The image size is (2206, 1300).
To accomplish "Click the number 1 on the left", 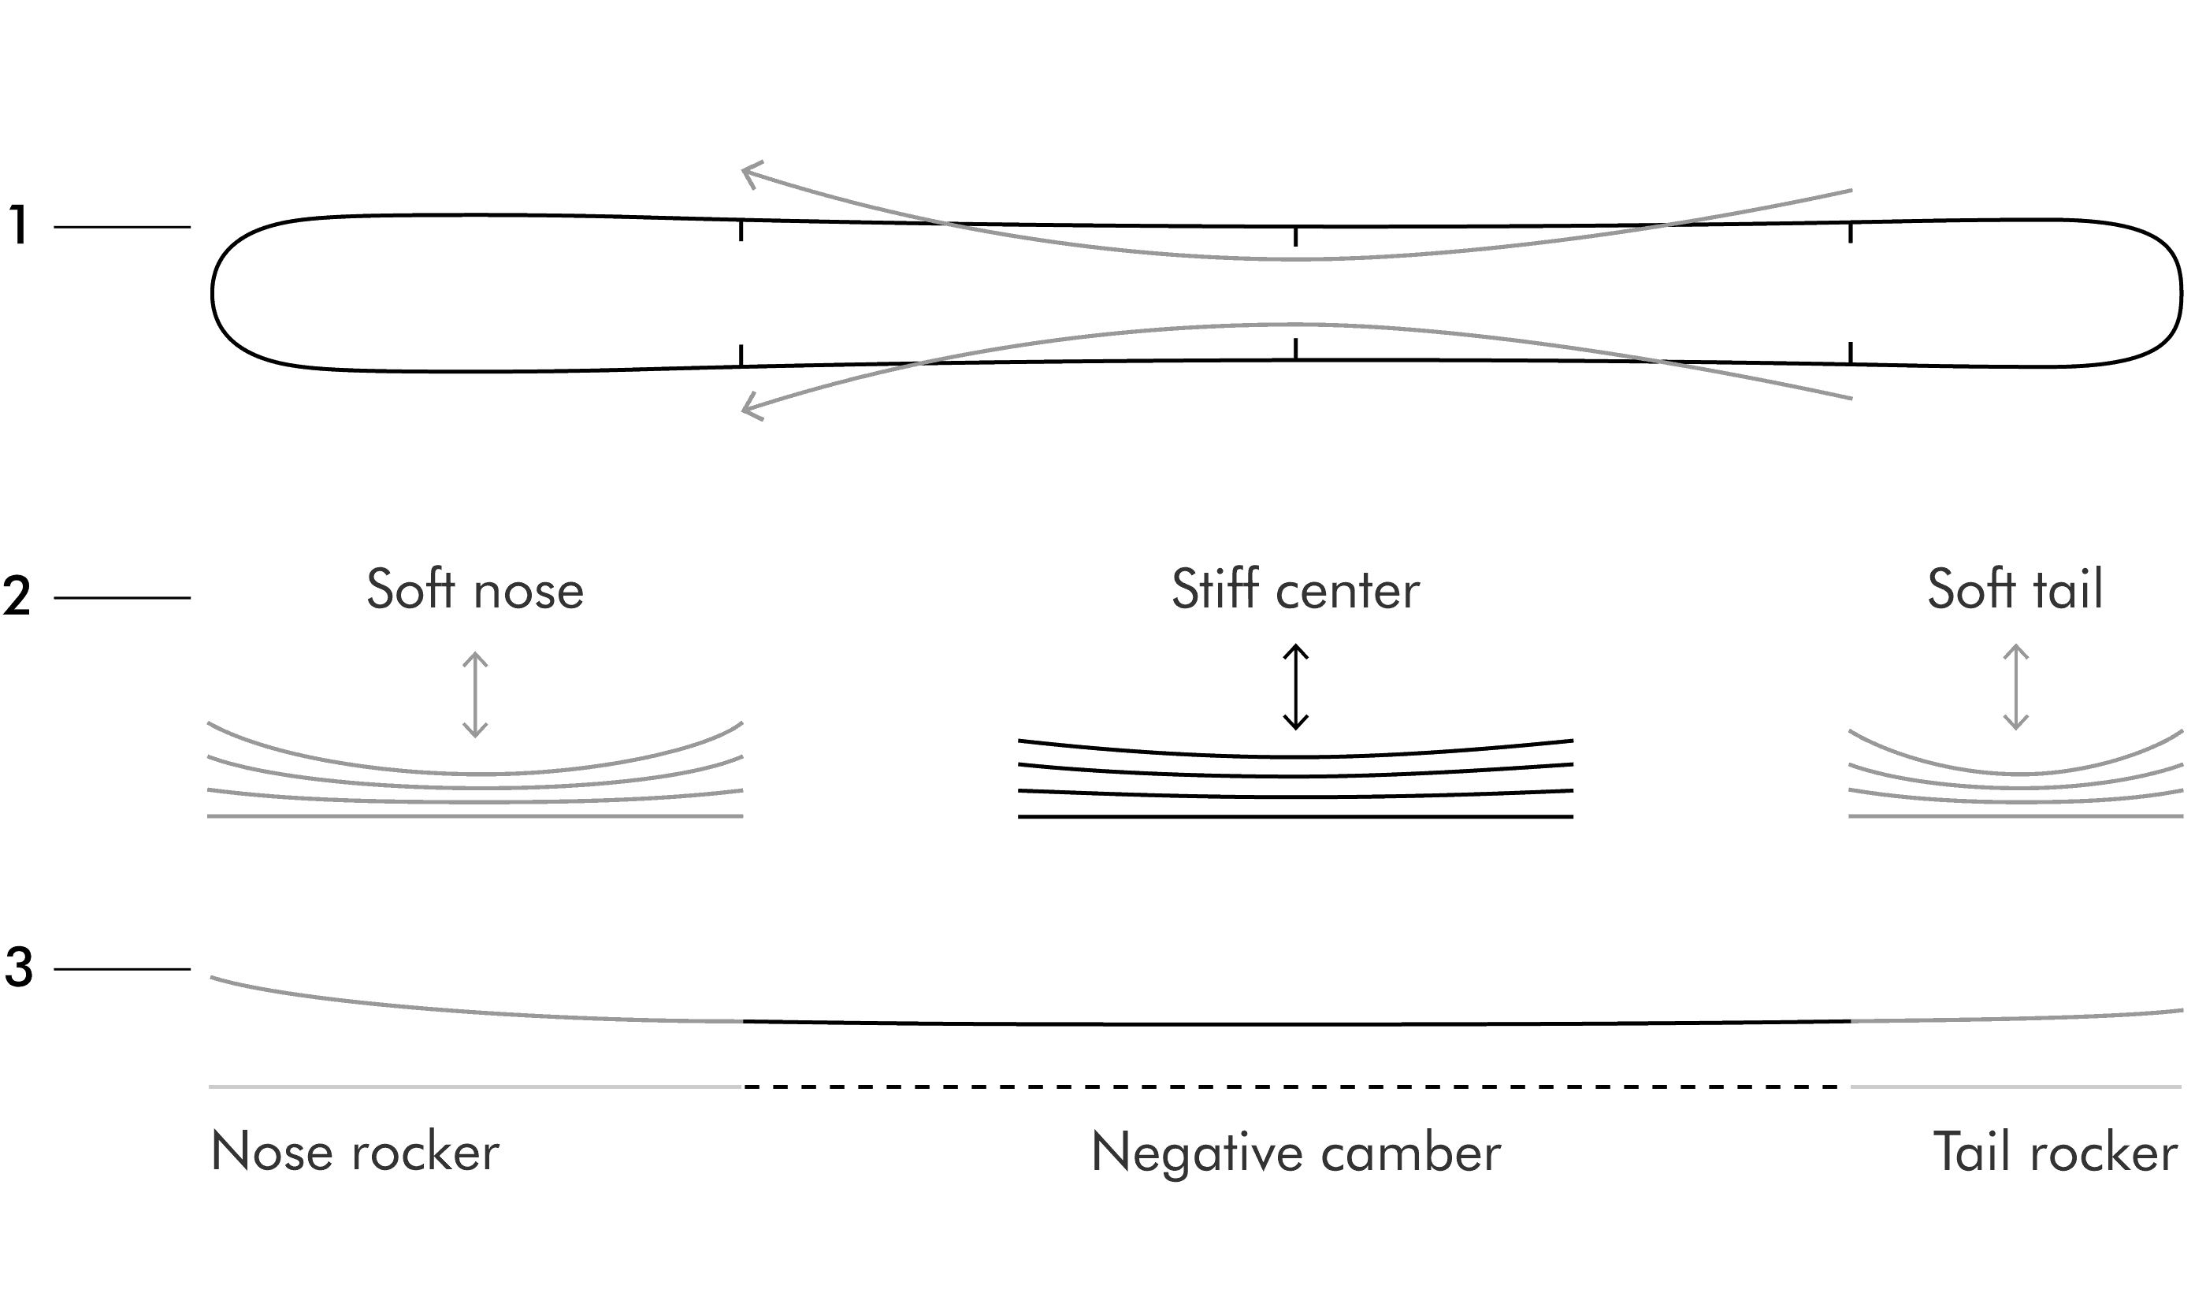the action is pos(19,225).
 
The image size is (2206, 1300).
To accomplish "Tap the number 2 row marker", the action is pos(17,596).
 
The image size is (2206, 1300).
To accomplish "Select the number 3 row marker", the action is pos(18,968).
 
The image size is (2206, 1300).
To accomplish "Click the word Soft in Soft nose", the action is pos(410,589).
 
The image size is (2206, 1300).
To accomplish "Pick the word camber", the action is pos(1411,1153).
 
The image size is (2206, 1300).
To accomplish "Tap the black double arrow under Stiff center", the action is pos(1295,687).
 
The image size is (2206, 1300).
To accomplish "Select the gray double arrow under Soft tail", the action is pos(2016,687).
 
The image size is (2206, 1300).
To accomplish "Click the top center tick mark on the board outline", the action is pos(1295,236).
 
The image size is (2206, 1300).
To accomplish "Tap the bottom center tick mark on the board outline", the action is pos(1295,349).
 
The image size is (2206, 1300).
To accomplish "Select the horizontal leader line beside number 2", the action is pos(122,597).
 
